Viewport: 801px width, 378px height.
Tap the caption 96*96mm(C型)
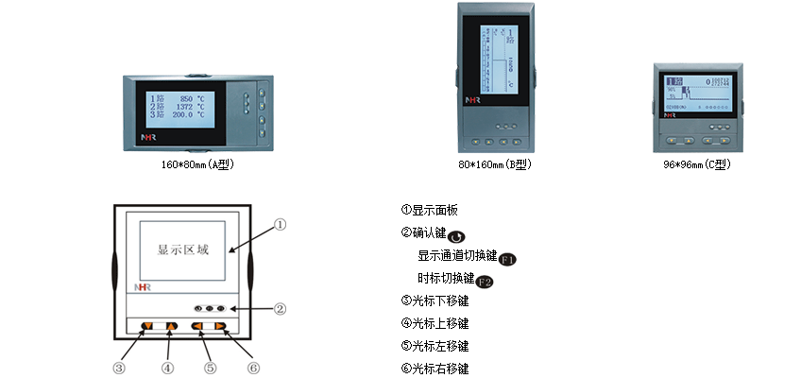click(699, 163)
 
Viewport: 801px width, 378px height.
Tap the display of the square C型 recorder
click(698, 93)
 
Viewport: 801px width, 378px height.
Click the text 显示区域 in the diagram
click(182, 250)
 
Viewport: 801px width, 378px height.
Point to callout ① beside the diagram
click(280, 225)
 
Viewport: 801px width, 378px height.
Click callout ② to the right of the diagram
click(280, 308)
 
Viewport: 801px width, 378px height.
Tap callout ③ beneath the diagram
click(120, 367)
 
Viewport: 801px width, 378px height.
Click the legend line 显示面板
click(435, 210)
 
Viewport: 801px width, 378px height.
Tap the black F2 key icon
click(484, 281)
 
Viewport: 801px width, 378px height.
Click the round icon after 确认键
click(455, 235)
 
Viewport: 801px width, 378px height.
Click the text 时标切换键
click(445, 278)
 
